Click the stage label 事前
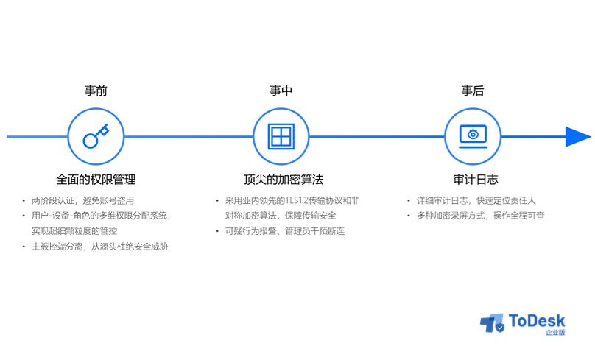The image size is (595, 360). pos(96,91)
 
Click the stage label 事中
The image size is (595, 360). pos(281,91)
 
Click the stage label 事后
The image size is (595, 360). pos(473,91)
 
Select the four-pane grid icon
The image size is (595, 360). pos(281,136)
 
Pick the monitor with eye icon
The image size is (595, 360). pos(473,136)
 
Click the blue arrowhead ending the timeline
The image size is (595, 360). pos(577,136)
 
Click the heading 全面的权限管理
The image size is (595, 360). pos(96,179)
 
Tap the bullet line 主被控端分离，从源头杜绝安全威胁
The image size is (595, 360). pos(99,247)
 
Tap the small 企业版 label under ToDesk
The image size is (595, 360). pos(555,333)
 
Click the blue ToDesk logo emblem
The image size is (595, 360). pos(491,323)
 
